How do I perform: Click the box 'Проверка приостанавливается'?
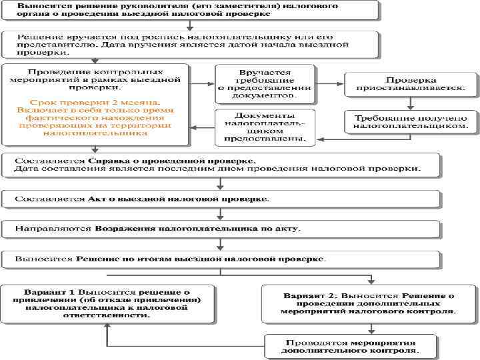point(411,83)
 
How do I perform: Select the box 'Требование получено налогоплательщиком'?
point(411,121)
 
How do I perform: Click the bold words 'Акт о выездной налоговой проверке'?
point(179,199)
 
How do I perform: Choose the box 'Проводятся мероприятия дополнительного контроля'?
point(351,345)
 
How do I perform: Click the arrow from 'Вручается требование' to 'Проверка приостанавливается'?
point(329,83)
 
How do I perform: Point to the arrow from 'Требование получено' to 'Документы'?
point(329,139)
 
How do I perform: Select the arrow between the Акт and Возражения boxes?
point(221,214)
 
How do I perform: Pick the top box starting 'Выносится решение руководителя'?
point(189,11)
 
